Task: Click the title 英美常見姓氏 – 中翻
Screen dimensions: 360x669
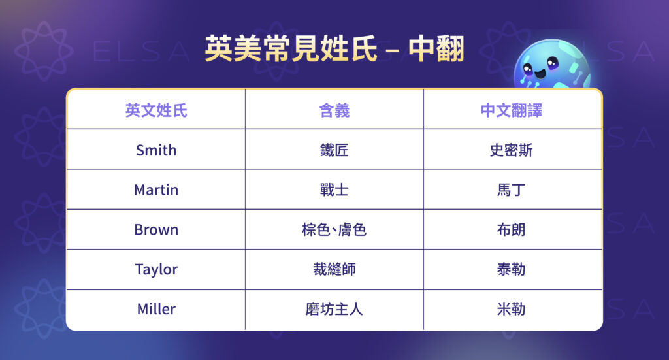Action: [334, 48]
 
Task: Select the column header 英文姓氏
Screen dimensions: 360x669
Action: [156, 110]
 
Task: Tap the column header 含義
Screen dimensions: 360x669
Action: [334, 110]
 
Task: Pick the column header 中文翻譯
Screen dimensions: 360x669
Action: [512, 110]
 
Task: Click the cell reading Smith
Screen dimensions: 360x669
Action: [156, 150]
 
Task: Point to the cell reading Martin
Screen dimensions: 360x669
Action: [156, 190]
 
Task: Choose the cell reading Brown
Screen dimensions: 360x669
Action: [156, 230]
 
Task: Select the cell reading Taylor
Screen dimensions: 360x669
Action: [156, 269]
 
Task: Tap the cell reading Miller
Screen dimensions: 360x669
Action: [156, 309]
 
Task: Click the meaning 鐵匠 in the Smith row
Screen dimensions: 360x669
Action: [334, 150]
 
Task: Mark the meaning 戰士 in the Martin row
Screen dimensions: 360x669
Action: [334, 190]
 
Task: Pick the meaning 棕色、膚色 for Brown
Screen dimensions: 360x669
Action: [334, 230]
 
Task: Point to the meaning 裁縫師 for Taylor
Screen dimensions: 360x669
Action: [334, 269]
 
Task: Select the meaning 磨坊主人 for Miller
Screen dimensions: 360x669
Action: [334, 309]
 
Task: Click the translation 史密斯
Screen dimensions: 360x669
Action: [512, 150]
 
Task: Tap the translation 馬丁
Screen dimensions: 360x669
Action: [512, 190]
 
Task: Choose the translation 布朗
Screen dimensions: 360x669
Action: [512, 230]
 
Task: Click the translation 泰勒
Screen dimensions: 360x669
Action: [512, 269]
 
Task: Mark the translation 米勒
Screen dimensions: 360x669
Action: [512, 309]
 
